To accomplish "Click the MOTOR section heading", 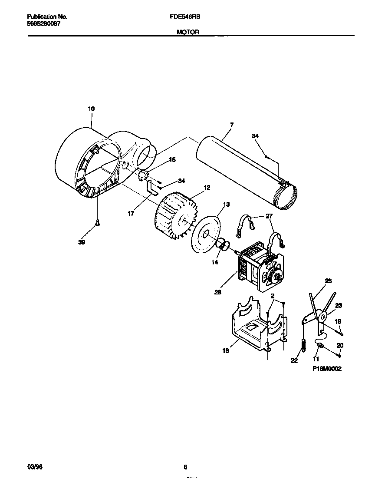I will [x=187, y=32].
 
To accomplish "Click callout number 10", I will [x=91, y=109].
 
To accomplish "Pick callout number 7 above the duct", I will [x=232, y=125].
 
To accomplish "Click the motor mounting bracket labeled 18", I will [x=252, y=326].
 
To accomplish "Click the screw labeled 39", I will [x=98, y=223].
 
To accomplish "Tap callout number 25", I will [x=328, y=281].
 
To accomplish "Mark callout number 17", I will [x=131, y=213].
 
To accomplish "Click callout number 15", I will [x=172, y=160].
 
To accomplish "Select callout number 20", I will [x=339, y=345].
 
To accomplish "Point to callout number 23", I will [x=339, y=306].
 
